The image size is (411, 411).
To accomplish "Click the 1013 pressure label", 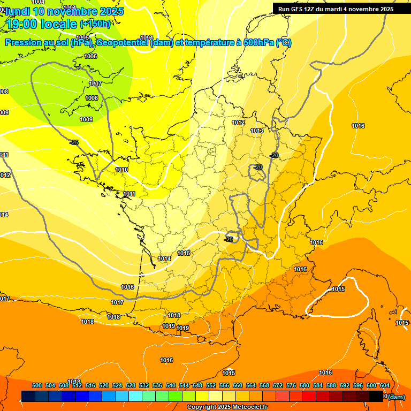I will pyautogui.click(x=257, y=131).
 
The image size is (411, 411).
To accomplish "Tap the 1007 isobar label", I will pyautogui.click(x=95, y=84).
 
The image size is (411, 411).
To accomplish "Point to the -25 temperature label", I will pyautogui.click(x=74, y=142).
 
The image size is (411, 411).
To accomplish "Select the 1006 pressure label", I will pyautogui.click(x=90, y=56).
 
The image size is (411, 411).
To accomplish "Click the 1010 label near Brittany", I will pyautogui.click(x=121, y=170).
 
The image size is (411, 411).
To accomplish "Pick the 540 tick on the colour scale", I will pyautogui.click(x=171, y=385).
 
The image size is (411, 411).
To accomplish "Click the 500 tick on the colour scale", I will pyautogui.click(x=37, y=385).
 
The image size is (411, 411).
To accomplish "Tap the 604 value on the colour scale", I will pyautogui.click(x=384, y=385).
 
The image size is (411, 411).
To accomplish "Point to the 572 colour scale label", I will pyautogui.click(x=278, y=385).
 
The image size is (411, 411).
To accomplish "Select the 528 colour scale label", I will pyautogui.click(x=131, y=385).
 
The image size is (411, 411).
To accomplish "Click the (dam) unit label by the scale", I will pyautogui.click(x=397, y=397).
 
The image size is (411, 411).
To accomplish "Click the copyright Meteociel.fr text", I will pyautogui.click(x=227, y=407).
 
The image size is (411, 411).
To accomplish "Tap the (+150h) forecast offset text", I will pyautogui.click(x=95, y=24).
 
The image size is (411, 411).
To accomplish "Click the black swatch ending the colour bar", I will pyautogui.click(x=376, y=397).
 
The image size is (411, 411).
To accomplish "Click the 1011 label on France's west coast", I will pyautogui.click(x=129, y=194).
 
